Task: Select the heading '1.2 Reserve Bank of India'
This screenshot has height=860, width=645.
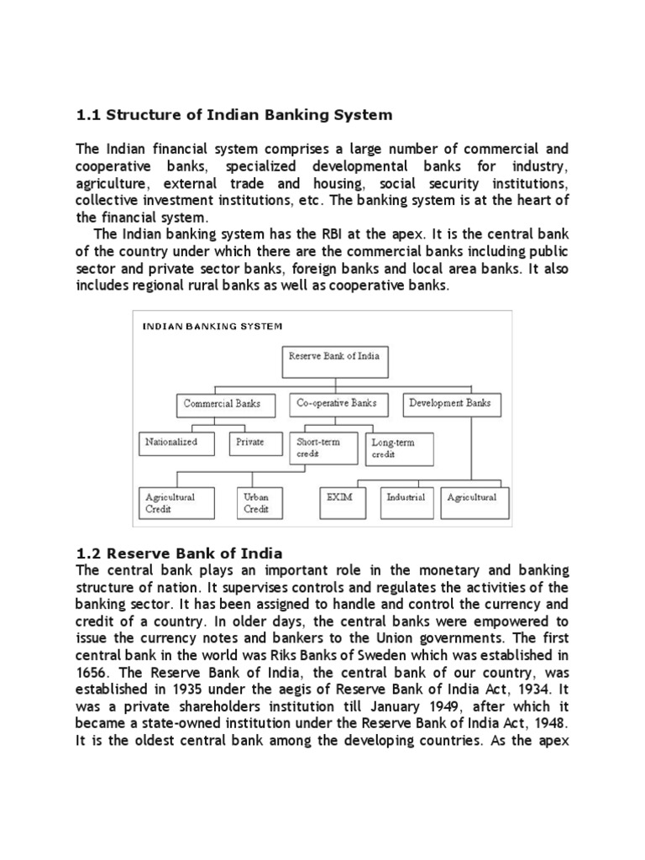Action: click(x=179, y=553)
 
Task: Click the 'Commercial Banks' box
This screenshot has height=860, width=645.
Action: click(x=222, y=404)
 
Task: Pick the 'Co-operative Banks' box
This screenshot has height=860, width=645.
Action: click(x=336, y=404)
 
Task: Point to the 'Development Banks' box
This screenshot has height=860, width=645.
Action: click(x=449, y=404)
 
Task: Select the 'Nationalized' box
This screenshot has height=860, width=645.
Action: click(x=171, y=442)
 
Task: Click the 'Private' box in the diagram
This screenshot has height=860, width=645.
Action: click(x=250, y=442)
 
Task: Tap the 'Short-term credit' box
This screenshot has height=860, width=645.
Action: click(x=324, y=448)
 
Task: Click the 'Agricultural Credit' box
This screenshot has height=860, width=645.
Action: click(x=178, y=502)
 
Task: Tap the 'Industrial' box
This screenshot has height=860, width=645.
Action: click(x=406, y=501)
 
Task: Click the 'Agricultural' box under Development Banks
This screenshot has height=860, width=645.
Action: click(x=471, y=501)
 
